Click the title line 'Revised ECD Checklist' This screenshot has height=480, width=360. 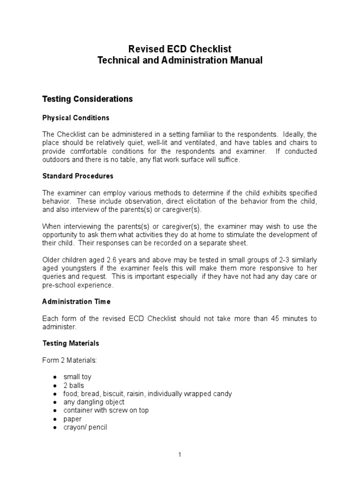180,49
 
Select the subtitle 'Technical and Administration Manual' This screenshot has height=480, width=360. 180,60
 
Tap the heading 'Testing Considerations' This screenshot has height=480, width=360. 88,99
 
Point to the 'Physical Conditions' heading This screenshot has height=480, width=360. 76,117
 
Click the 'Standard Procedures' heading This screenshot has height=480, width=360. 78,176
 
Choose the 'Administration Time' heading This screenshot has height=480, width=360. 76,301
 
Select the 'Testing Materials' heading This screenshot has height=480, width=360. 71,343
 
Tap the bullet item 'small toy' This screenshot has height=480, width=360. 78,377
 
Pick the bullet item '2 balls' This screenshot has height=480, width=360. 74,385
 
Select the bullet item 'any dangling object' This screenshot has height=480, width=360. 94,402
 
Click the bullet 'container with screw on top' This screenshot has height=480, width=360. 106,411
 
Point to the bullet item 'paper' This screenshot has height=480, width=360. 73,419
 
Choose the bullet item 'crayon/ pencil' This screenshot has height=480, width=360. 85,427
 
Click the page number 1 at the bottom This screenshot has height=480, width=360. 180,454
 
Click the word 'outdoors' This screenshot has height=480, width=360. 56,159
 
